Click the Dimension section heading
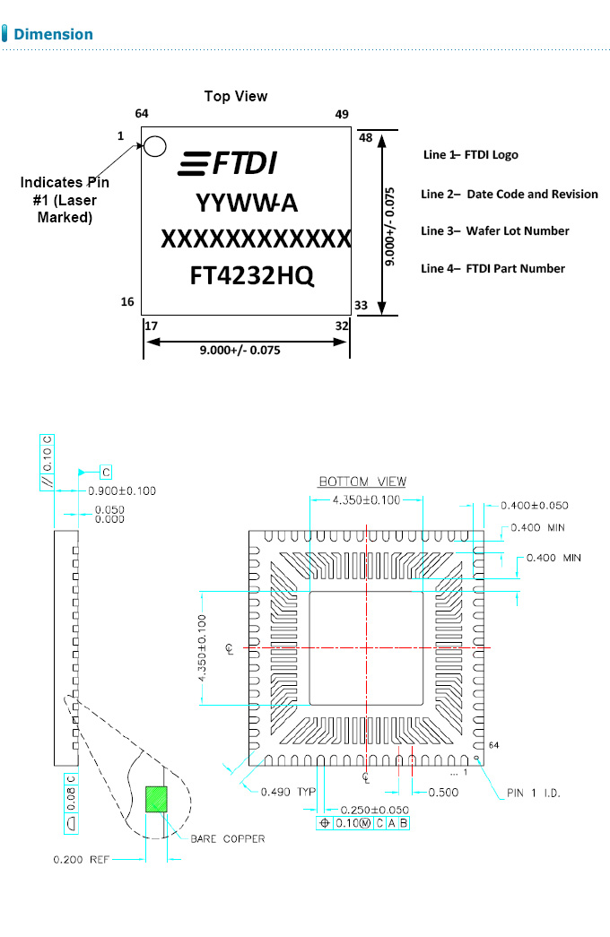(x=53, y=34)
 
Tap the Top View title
(x=235, y=96)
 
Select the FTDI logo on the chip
(x=228, y=163)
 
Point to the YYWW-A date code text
(x=247, y=204)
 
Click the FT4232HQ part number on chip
(x=252, y=275)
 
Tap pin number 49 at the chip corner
(x=342, y=114)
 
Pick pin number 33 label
(x=362, y=306)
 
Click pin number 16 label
(x=127, y=302)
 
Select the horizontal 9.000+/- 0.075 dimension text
(x=240, y=351)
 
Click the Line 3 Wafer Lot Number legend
(x=494, y=231)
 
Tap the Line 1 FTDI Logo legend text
(x=470, y=155)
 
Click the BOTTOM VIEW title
(x=362, y=482)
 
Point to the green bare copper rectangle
(x=157, y=799)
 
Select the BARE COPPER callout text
(x=227, y=839)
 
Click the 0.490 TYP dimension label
(x=289, y=792)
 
